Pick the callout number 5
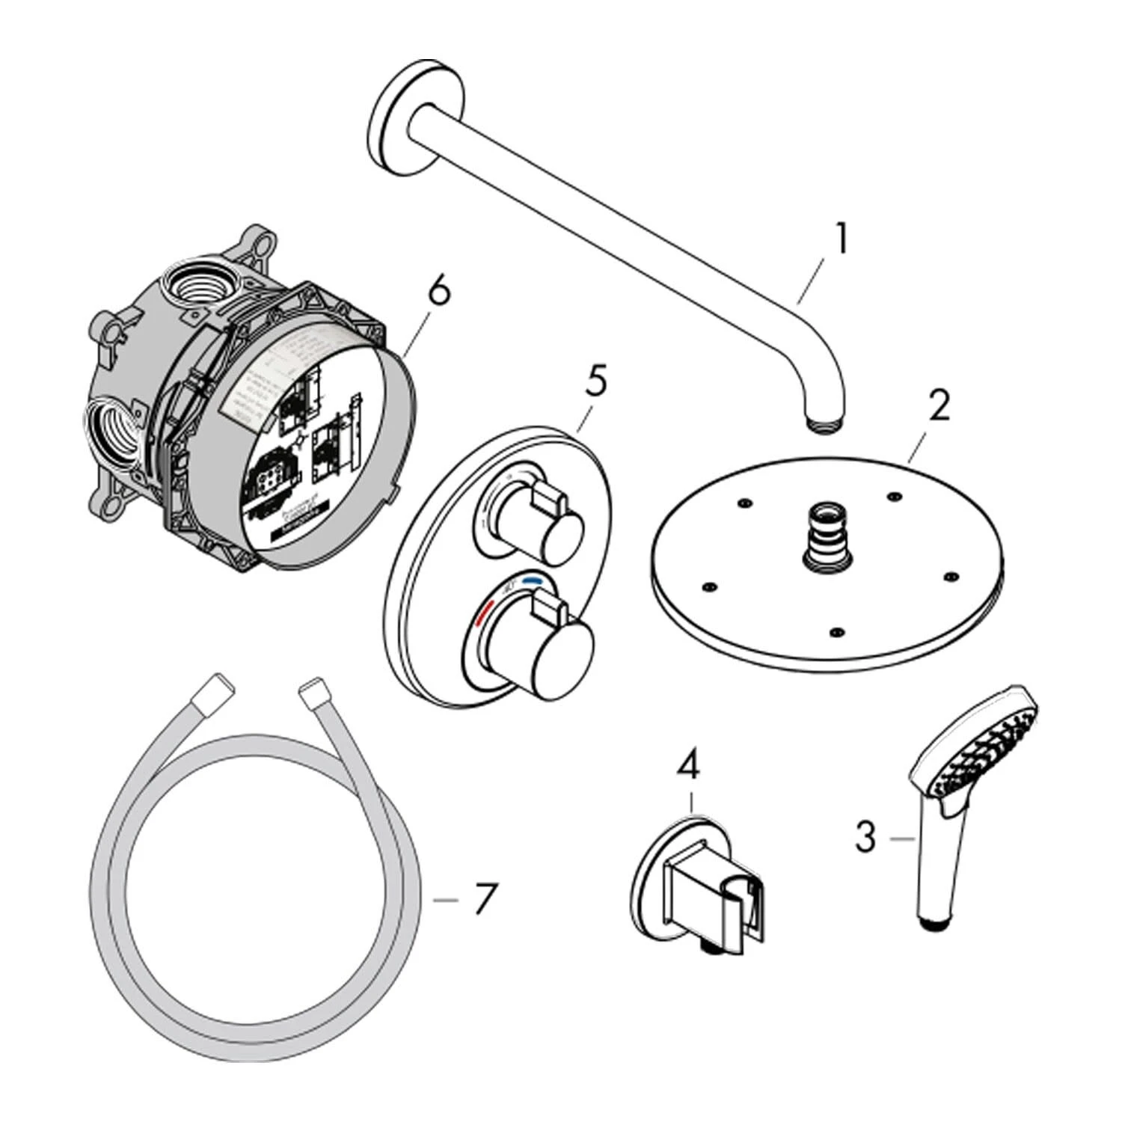click(x=595, y=381)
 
